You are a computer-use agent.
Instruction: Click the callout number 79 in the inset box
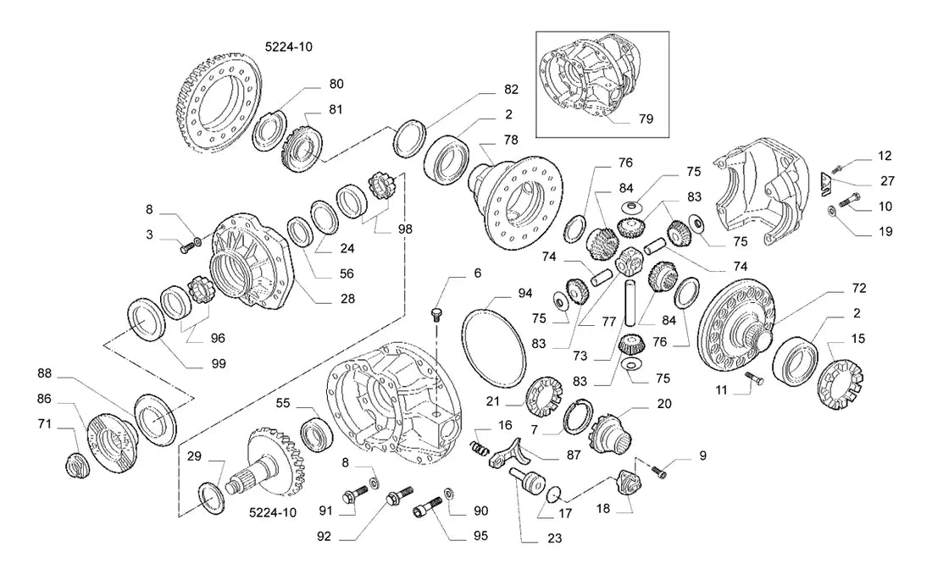coord(646,119)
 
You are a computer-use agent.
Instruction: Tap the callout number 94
coord(524,293)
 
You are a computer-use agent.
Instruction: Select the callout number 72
coord(858,288)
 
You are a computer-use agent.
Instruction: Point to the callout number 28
coord(347,299)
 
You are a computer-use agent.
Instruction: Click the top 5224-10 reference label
coord(288,47)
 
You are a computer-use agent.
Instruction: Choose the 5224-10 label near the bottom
coord(272,513)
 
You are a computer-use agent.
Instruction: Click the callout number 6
coord(477,273)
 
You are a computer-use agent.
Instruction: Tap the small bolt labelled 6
coord(436,314)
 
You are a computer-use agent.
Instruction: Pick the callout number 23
coord(554,538)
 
